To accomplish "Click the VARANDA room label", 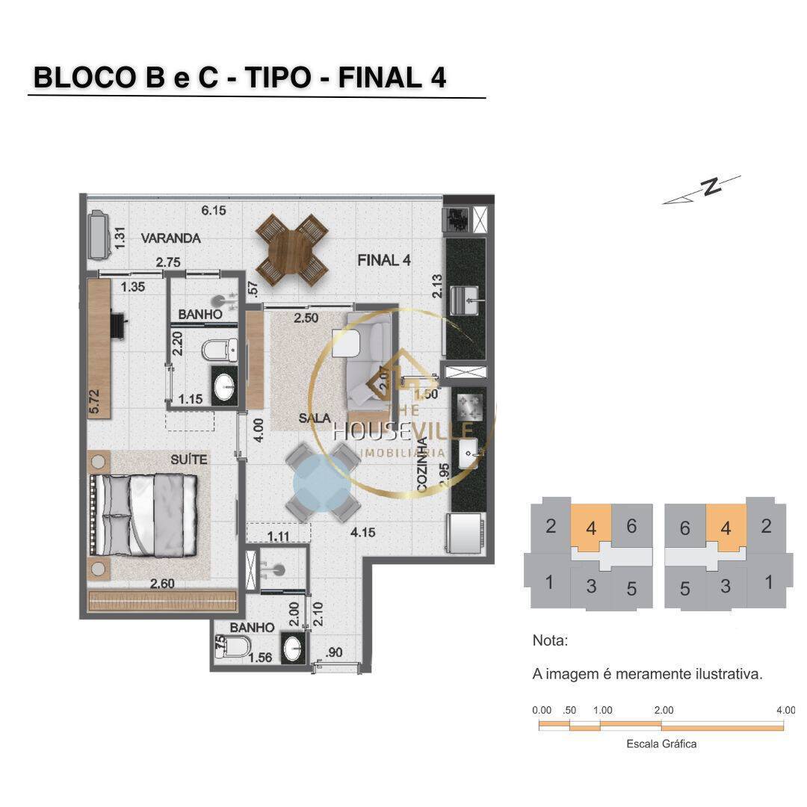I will [170, 238].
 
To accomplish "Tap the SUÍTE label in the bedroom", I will [188, 460].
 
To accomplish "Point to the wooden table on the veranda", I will [291, 250].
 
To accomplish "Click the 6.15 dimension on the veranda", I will [214, 211].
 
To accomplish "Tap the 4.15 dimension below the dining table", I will [362, 533].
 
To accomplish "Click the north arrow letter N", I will [712, 186].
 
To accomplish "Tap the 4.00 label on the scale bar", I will [785, 710].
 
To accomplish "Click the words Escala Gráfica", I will [661, 744].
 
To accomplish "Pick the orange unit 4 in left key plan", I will [591, 528].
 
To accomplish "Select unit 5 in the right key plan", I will [684, 589].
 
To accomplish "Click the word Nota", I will [550, 640].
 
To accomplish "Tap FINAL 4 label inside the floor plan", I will [384, 260].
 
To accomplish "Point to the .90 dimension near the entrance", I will [336, 652].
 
